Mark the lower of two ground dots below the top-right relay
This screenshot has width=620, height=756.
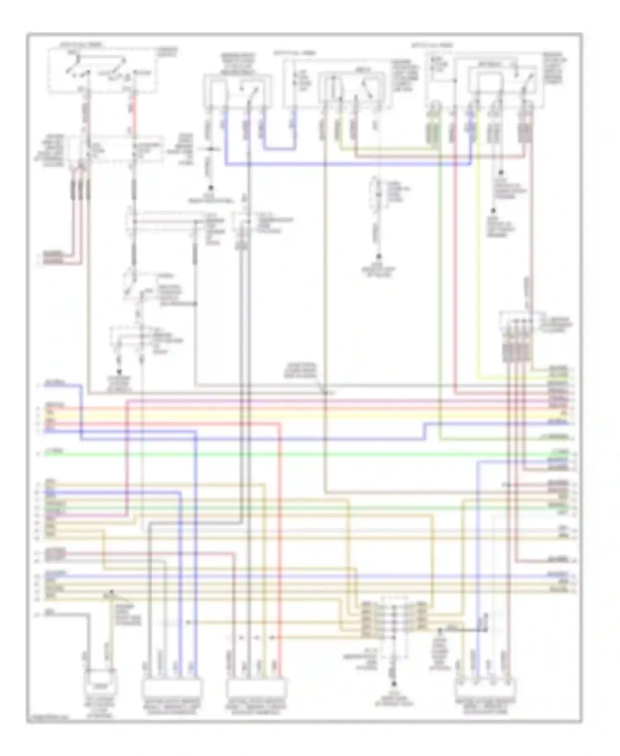(493, 211)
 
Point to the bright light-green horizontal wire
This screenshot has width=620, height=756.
(289, 454)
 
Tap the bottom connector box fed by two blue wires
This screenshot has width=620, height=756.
(172, 689)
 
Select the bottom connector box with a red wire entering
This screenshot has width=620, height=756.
(256, 689)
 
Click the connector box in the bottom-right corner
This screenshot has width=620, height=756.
(486, 689)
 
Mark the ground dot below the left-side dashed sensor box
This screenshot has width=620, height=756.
(119, 372)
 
